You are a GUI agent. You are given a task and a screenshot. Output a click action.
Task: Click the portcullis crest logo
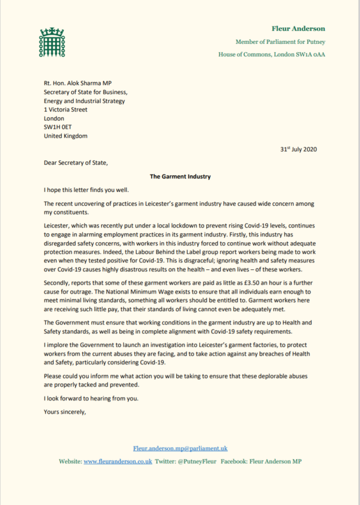[52, 43]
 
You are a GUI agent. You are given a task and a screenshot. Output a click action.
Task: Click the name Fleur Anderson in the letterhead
[298, 29]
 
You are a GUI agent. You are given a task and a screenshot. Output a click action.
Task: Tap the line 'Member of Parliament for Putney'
[280, 42]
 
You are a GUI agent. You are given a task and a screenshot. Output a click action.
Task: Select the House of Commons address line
[272, 54]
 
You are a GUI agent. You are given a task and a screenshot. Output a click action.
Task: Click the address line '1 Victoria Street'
[66, 109]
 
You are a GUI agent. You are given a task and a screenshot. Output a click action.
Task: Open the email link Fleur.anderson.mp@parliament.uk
[180, 449]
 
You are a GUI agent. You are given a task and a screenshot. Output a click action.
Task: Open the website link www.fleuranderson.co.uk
[118, 462]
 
